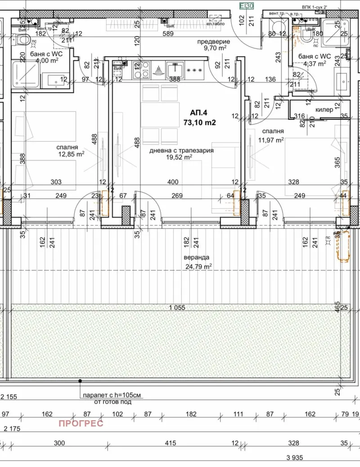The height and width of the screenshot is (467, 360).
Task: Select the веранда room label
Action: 196,258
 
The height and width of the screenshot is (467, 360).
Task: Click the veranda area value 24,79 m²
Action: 198,266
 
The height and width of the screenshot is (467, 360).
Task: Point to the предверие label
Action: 213,42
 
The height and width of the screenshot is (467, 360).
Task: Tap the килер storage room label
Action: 324,110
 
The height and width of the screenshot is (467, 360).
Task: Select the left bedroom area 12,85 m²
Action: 71,154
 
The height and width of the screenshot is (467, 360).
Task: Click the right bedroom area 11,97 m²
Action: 270,140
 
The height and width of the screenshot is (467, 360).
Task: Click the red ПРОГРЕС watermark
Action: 81,423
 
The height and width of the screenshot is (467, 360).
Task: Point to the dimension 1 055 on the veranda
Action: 177,308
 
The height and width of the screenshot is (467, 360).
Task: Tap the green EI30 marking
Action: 246,6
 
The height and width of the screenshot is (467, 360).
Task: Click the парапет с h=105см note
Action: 112,395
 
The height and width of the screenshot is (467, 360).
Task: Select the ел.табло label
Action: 214,23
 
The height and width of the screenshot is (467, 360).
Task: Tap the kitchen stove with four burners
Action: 144,70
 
